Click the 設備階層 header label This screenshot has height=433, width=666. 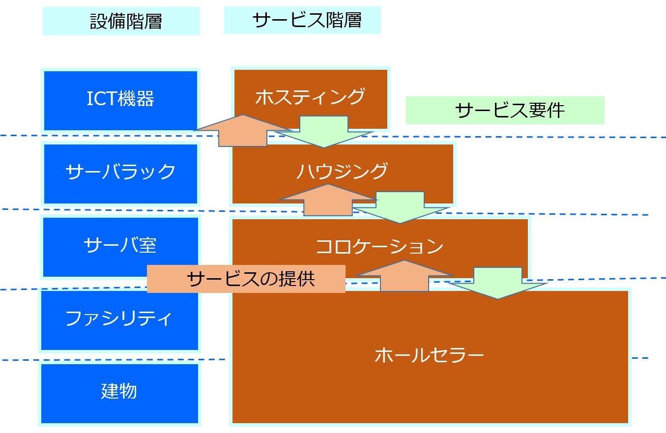coord(121,21)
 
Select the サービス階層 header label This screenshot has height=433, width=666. coord(302,20)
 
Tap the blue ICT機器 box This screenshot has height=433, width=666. coord(120,100)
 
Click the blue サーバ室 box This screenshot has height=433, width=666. coord(120,246)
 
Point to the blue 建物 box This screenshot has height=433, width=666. coord(119,393)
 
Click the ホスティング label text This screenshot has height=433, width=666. coord(310,97)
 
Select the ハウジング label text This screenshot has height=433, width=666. coord(342,171)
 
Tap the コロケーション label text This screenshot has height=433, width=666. coord(379,246)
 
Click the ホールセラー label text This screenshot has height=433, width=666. coord(429,355)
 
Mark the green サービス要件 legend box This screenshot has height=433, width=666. coord(505,111)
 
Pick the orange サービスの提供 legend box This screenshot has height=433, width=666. coord(246,279)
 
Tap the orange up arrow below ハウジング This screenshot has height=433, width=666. coord(328,201)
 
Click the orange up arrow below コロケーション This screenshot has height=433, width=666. coord(404,276)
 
